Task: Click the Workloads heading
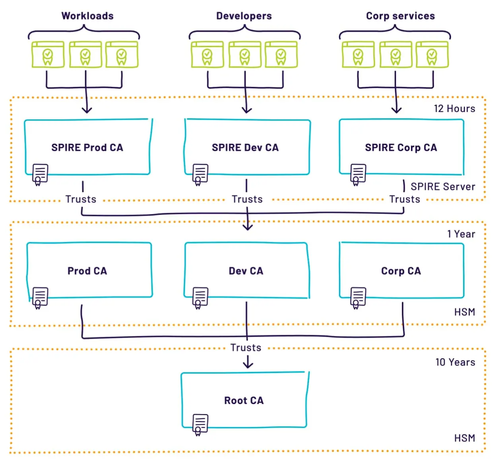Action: point(87,16)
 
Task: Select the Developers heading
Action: point(244,16)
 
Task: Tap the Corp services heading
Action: point(400,16)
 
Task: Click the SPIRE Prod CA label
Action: point(87,147)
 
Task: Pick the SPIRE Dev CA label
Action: point(245,147)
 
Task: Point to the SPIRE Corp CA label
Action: point(401,147)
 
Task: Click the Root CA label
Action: point(244,401)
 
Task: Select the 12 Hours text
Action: point(454,109)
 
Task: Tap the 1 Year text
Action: point(461,234)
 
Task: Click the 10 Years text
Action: point(455,362)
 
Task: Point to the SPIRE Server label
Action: point(443,187)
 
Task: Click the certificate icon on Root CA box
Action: point(200,425)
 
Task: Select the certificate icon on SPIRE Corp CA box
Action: point(358,175)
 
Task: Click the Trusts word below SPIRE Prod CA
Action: point(81,199)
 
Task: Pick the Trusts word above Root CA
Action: point(246,348)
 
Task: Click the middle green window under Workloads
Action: point(85,55)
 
